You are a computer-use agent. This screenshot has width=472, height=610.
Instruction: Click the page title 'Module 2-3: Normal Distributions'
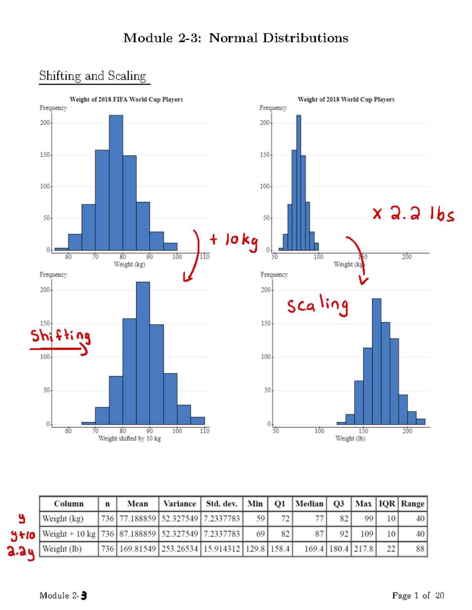pos(236,38)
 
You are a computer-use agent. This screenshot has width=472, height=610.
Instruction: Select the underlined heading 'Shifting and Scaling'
pos(93,75)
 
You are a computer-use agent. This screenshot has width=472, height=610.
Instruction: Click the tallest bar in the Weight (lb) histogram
pos(376,361)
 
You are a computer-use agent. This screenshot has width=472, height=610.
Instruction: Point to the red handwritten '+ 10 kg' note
pos(234,240)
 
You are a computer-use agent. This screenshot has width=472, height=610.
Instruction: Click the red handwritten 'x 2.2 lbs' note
pos(413,214)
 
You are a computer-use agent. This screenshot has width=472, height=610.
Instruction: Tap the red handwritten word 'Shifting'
pos(61,336)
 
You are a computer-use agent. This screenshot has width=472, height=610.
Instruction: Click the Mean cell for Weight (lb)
pos(138,549)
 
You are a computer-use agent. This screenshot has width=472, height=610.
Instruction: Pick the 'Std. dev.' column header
pos(222,504)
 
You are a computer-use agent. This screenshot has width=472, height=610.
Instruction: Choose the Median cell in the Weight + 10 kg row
pos(310,534)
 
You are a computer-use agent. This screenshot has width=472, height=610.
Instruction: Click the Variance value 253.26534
pos(180,549)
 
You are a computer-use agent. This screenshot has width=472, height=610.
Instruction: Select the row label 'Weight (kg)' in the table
pos(63,518)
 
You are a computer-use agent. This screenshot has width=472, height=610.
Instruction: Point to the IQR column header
pos(387,504)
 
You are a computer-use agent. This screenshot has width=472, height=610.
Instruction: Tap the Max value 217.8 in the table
pos(363,549)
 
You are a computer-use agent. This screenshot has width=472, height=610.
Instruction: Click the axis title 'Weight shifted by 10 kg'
pos(129,438)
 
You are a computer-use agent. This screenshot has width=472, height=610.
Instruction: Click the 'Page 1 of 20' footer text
pos(418,595)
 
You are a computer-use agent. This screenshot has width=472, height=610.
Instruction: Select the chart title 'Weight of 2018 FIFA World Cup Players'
pos(126,99)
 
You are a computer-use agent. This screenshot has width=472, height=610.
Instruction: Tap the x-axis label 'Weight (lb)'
pos(350,438)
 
